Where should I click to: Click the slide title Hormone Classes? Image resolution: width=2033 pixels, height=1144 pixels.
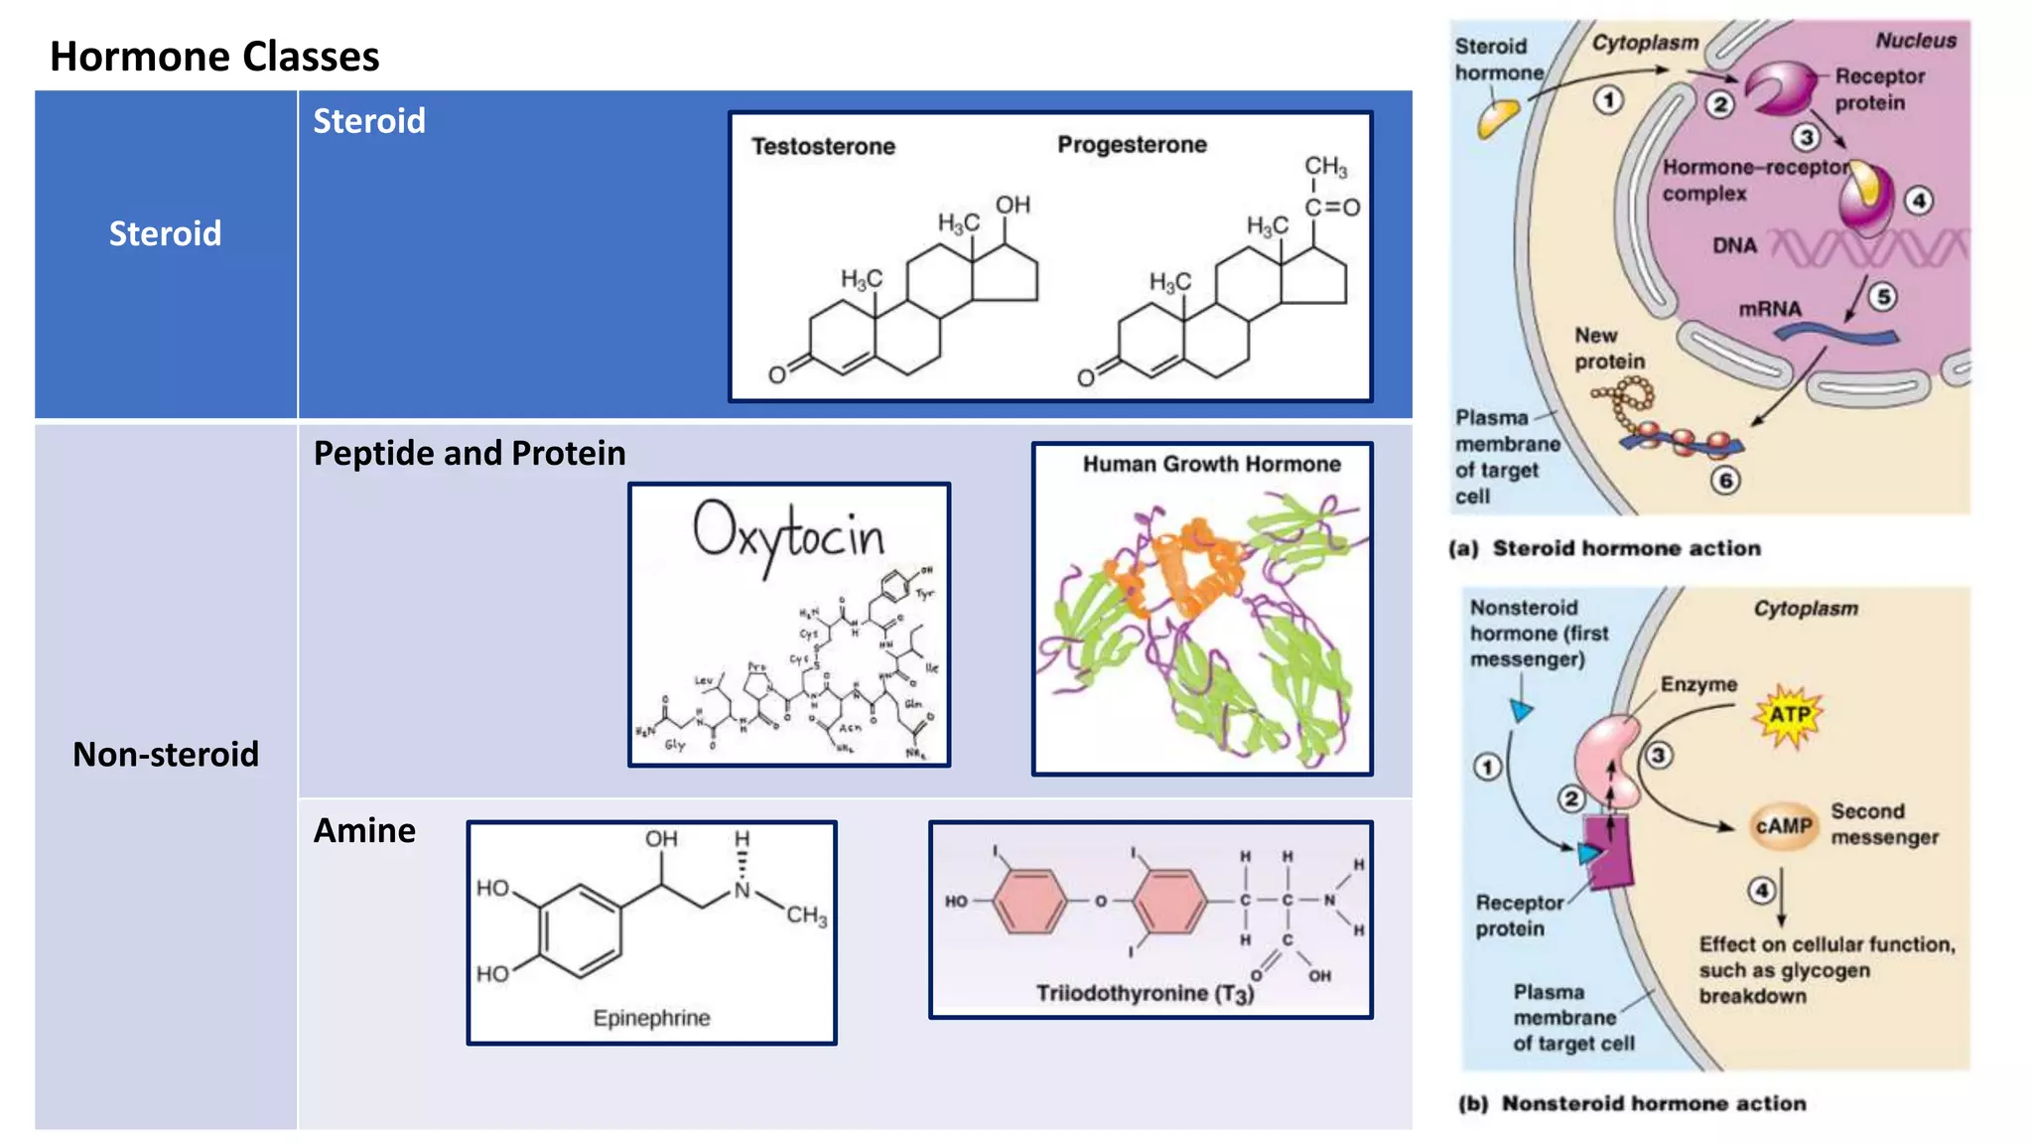214,57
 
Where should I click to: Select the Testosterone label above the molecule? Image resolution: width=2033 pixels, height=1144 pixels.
823,147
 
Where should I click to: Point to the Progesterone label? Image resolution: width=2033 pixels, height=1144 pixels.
1132,145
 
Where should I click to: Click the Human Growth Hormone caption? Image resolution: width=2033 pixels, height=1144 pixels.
1211,464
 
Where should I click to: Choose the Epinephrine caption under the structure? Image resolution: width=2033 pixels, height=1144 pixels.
651,1018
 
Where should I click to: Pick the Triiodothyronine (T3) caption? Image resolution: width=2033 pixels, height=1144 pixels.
1145,994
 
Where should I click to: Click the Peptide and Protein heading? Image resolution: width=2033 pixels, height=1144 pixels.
470,453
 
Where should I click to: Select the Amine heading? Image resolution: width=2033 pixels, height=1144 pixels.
364,830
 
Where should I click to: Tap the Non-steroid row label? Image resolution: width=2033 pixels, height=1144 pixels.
166,754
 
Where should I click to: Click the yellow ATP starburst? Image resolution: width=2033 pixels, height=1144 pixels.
1790,715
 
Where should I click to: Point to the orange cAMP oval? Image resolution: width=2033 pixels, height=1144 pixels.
1783,826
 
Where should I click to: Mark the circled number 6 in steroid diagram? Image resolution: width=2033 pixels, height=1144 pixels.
1725,481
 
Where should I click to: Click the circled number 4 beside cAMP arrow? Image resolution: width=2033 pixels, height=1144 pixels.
1761,890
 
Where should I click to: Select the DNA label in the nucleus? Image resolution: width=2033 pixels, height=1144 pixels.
1734,245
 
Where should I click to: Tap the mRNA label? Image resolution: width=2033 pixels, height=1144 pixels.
1769,309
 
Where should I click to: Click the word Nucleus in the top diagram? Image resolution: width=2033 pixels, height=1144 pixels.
1915,41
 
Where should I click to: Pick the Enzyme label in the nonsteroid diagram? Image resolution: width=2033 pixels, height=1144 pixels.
1698,684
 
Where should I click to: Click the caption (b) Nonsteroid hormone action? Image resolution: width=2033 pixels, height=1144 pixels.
1631,1103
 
